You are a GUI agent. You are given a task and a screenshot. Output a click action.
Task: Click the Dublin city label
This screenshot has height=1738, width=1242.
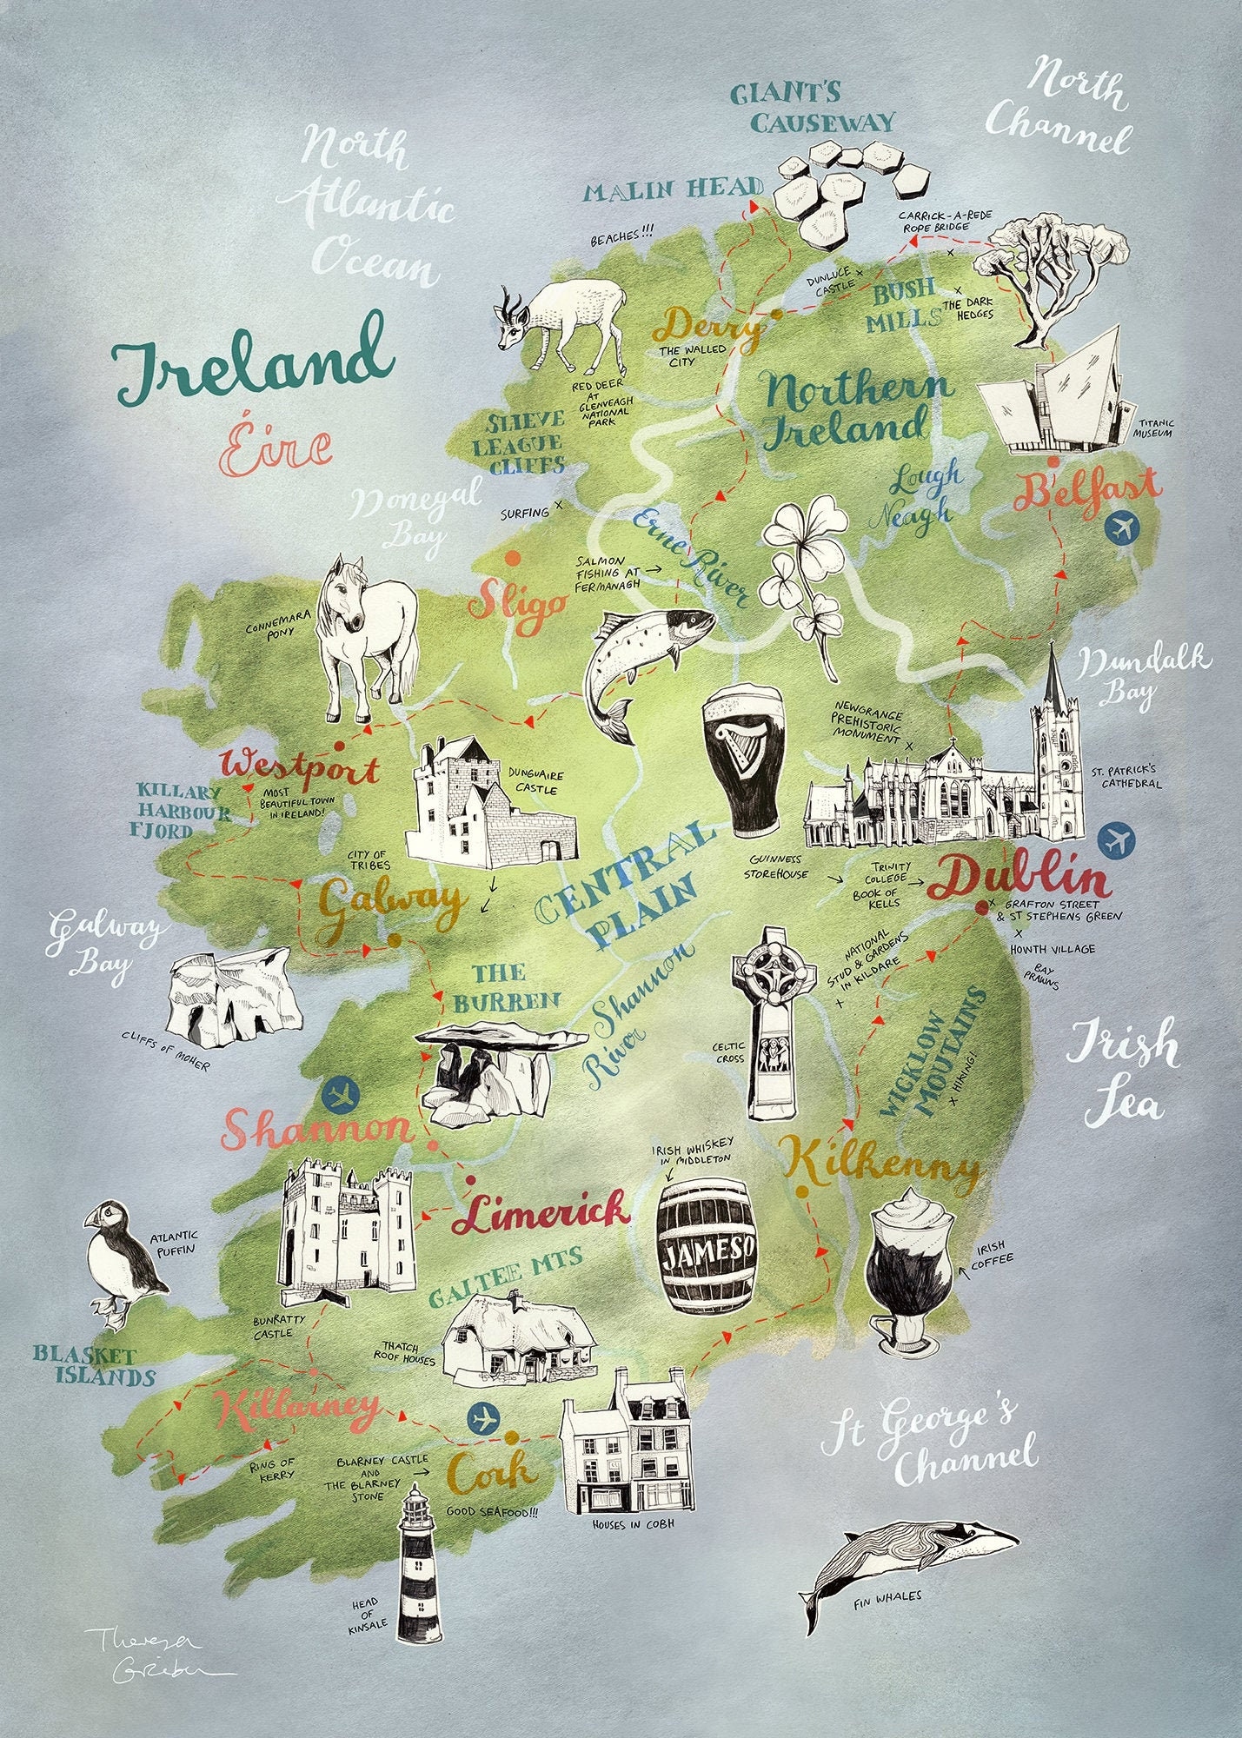tap(1019, 879)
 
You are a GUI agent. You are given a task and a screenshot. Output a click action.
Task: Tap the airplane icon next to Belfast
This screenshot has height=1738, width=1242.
tap(1122, 527)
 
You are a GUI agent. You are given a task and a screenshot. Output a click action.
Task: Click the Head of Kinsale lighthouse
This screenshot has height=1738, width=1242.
tap(419, 1564)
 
